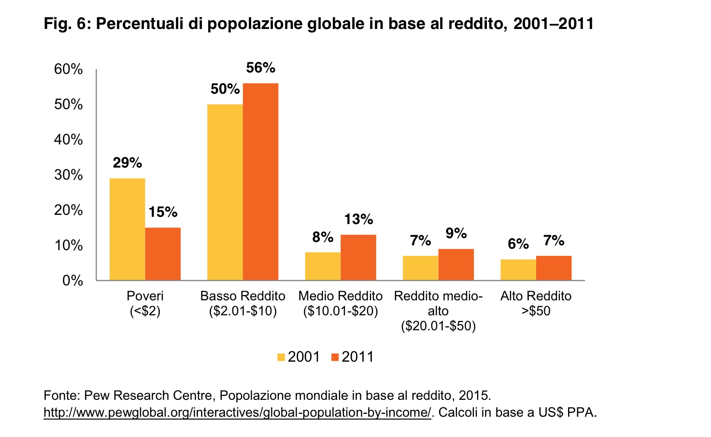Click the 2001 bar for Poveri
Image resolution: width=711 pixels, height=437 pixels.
point(127,229)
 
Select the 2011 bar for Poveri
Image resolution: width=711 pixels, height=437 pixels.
point(163,254)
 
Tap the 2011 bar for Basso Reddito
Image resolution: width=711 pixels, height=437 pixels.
point(260,182)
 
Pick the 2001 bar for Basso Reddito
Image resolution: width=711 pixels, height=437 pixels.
point(225,192)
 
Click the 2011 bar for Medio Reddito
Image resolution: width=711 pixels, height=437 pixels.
point(358,257)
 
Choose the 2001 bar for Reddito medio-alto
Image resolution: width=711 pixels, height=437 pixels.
point(421,268)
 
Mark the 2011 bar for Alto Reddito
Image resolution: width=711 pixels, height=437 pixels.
point(554,268)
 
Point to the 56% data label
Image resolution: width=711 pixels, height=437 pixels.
point(260,68)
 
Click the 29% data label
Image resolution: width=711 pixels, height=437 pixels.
point(128,163)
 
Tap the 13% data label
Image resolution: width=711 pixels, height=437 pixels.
point(358,220)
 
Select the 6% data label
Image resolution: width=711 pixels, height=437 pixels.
point(518,244)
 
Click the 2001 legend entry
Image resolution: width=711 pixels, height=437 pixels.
point(298,357)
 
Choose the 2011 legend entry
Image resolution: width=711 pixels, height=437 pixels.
point(352,357)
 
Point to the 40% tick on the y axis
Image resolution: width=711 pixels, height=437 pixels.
point(69,140)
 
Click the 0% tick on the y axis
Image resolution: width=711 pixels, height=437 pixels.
point(72,281)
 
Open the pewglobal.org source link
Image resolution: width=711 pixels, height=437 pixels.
point(237,413)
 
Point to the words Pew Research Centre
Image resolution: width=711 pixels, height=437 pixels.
point(148,396)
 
